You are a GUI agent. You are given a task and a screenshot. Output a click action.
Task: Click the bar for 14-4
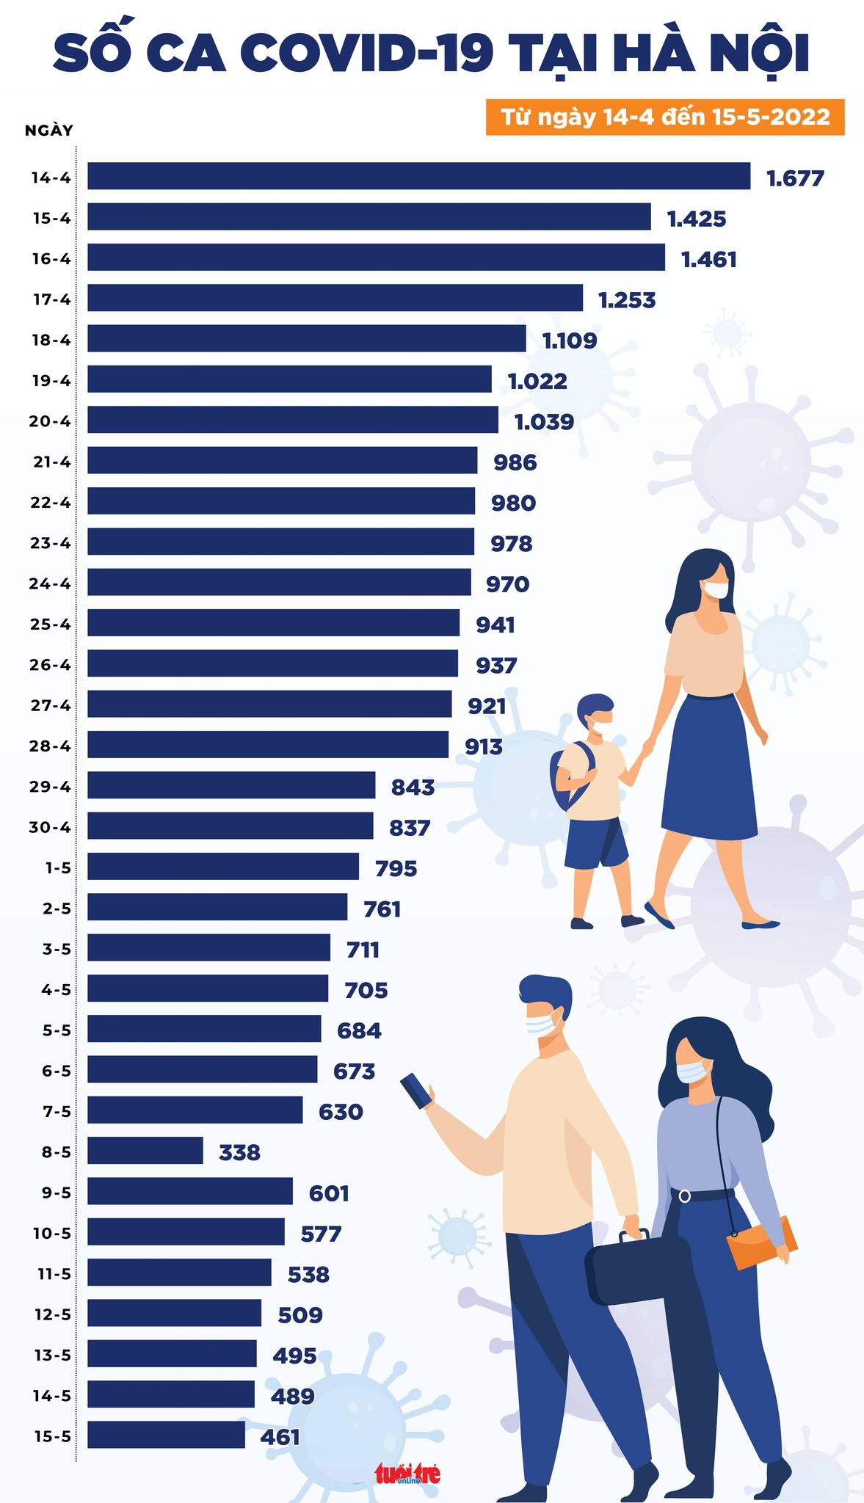(x=418, y=176)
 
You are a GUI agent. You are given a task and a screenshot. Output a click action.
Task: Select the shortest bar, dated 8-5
(x=145, y=1150)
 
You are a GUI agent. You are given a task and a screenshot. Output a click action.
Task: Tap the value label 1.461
(x=708, y=259)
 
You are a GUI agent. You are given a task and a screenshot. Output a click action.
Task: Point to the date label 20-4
(x=51, y=421)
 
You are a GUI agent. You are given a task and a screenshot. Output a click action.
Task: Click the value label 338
(x=239, y=1152)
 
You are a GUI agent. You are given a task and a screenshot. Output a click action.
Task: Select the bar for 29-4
(x=231, y=785)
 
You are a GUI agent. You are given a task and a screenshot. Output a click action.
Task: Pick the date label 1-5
(x=58, y=867)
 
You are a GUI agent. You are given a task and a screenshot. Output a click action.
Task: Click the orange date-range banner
(x=665, y=117)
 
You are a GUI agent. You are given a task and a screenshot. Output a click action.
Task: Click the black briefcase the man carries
(x=635, y=1267)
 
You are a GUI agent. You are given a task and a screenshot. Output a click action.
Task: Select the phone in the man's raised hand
(x=416, y=1090)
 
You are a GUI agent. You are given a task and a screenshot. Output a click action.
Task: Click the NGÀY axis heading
(x=49, y=131)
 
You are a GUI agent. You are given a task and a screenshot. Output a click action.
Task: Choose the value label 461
(x=280, y=1436)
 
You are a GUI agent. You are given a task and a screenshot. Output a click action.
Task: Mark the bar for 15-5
(x=166, y=1434)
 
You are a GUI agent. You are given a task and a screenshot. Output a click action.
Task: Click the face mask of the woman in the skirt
(x=715, y=589)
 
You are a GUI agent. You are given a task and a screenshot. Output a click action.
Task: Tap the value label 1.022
(x=537, y=381)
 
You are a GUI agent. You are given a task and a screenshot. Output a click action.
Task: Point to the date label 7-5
(x=57, y=1111)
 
